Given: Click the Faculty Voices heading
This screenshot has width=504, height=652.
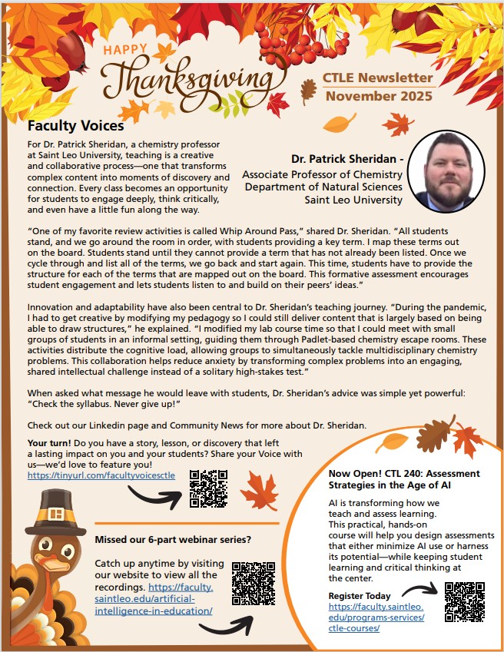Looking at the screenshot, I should (75, 125).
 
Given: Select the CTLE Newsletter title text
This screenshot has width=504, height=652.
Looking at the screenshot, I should (378, 78).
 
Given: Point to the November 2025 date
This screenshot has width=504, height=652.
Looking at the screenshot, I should (378, 96).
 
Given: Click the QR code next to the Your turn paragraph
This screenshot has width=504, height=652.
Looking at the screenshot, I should (210, 488).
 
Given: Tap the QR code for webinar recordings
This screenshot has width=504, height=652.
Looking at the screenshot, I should (253, 584).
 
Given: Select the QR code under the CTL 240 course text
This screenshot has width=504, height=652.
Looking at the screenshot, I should (464, 601).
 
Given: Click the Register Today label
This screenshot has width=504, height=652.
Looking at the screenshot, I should (360, 596).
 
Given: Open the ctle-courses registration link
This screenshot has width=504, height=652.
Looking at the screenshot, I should (376, 617).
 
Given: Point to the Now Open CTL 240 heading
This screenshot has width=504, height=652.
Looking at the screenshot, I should (403, 478).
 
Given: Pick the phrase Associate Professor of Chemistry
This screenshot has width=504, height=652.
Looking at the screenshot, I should (322, 174).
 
